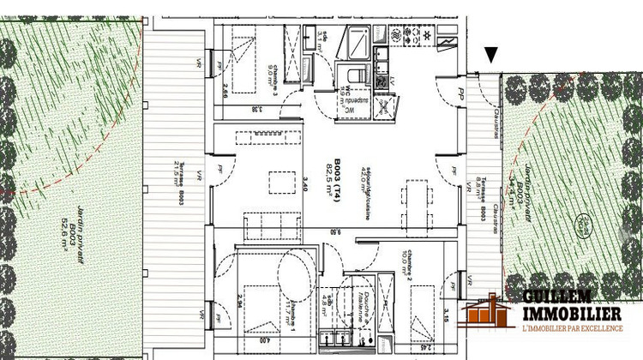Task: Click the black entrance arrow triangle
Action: coord(490,56)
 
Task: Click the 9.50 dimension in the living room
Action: coord(340,231)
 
